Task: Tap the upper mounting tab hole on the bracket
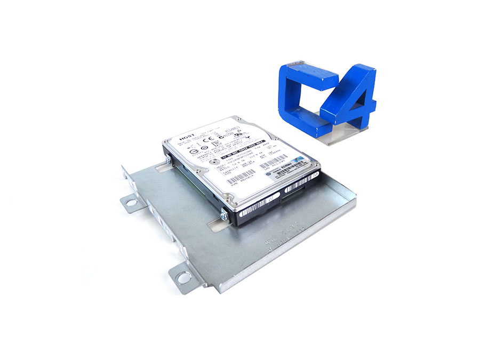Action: (x=129, y=202)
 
